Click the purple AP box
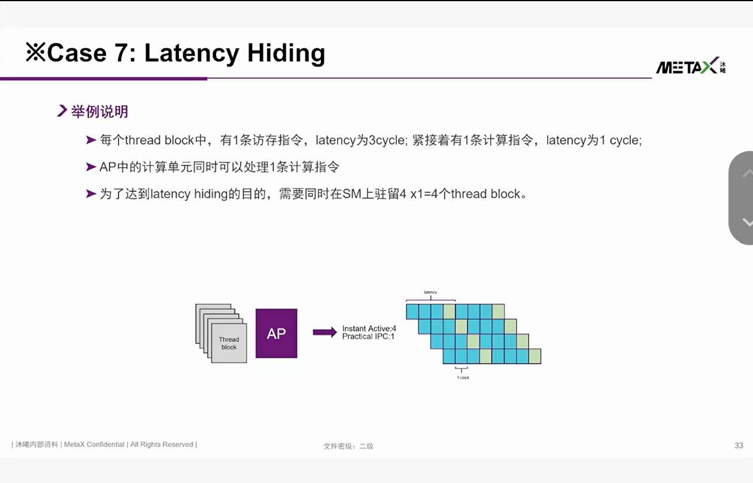[x=277, y=333]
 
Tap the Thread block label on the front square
[x=229, y=343]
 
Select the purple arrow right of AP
[x=325, y=332]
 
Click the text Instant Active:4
[x=369, y=328]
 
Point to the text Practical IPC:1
[x=368, y=336]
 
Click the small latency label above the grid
[x=430, y=292]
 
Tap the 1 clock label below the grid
[x=463, y=378]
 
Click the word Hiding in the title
[x=286, y=54]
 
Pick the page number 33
[x=739, y=446]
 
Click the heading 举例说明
[x=99, y=111]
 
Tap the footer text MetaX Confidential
[x=94, y=444]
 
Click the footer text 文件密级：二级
[x=348, y=446]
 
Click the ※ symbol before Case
[x=35, y=52]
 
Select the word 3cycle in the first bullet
[x=387, y=140]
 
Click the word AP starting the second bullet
[x=108, y=167]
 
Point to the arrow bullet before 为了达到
[x=91, y=194]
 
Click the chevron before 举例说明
[x=62, y=111]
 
